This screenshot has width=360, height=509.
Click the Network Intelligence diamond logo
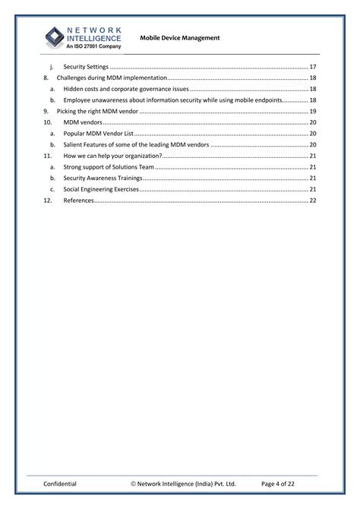[x=54, y=36]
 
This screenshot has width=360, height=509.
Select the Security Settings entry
[x=86, y=67]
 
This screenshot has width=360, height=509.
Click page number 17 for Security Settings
[x=313, y=67]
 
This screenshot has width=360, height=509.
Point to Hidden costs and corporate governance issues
[x=125, y=89]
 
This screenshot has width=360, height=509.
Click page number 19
[x=313, y=111]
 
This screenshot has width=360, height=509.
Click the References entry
[x=79, y=201]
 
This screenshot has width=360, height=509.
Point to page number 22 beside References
[x=313, y=201]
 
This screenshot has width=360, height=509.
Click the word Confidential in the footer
[x=60, y=483]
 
